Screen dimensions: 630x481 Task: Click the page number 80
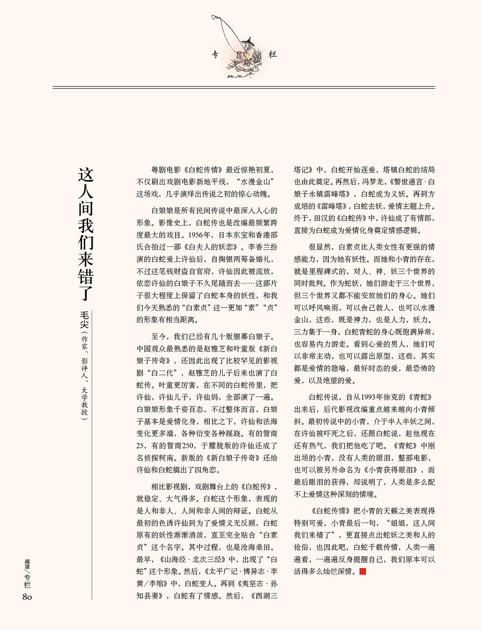click(27, 597)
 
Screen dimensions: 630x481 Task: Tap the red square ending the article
click(363, 571)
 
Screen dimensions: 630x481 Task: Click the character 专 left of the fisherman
click(216, 54)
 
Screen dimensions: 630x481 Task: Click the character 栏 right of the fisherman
click(273, 54)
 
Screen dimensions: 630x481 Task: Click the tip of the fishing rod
click(213, 16)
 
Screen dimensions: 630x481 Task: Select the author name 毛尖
click(85, 320)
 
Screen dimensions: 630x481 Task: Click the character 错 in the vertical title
click(86, 276)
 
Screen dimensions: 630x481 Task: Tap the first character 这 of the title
click(86, 175)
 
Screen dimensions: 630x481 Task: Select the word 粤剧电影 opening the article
click(166, 170)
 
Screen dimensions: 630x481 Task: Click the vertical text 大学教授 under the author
click(85, 400)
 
